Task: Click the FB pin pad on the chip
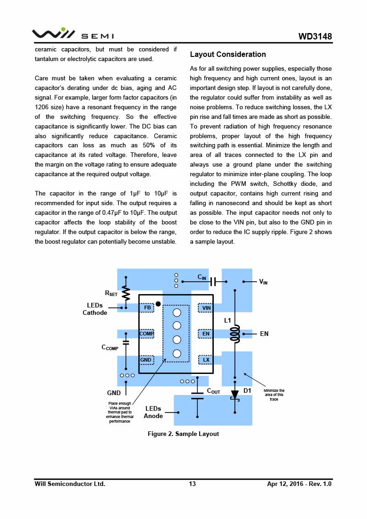pos(147,307)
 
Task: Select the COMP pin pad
pos(147,334)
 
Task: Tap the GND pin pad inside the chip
pos(146,360)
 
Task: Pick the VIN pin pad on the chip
pos(206,307)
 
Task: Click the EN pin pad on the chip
pos(206,334)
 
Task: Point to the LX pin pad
pos(206,360)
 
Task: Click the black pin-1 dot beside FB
pos(158,304)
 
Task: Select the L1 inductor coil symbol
pos(235,334)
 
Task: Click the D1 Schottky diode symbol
pos(235,395)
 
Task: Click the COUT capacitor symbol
pos(197,395)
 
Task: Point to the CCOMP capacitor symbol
pos(126,342)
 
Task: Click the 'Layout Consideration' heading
pos(228,55)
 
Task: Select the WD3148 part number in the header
pos(315,36)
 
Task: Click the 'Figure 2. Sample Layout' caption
pos(183,434)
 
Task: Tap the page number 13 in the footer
pos(192,484)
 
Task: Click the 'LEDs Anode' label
pos(153,412)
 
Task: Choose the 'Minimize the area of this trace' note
pos(274,395)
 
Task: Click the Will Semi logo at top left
pos(72,34)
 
